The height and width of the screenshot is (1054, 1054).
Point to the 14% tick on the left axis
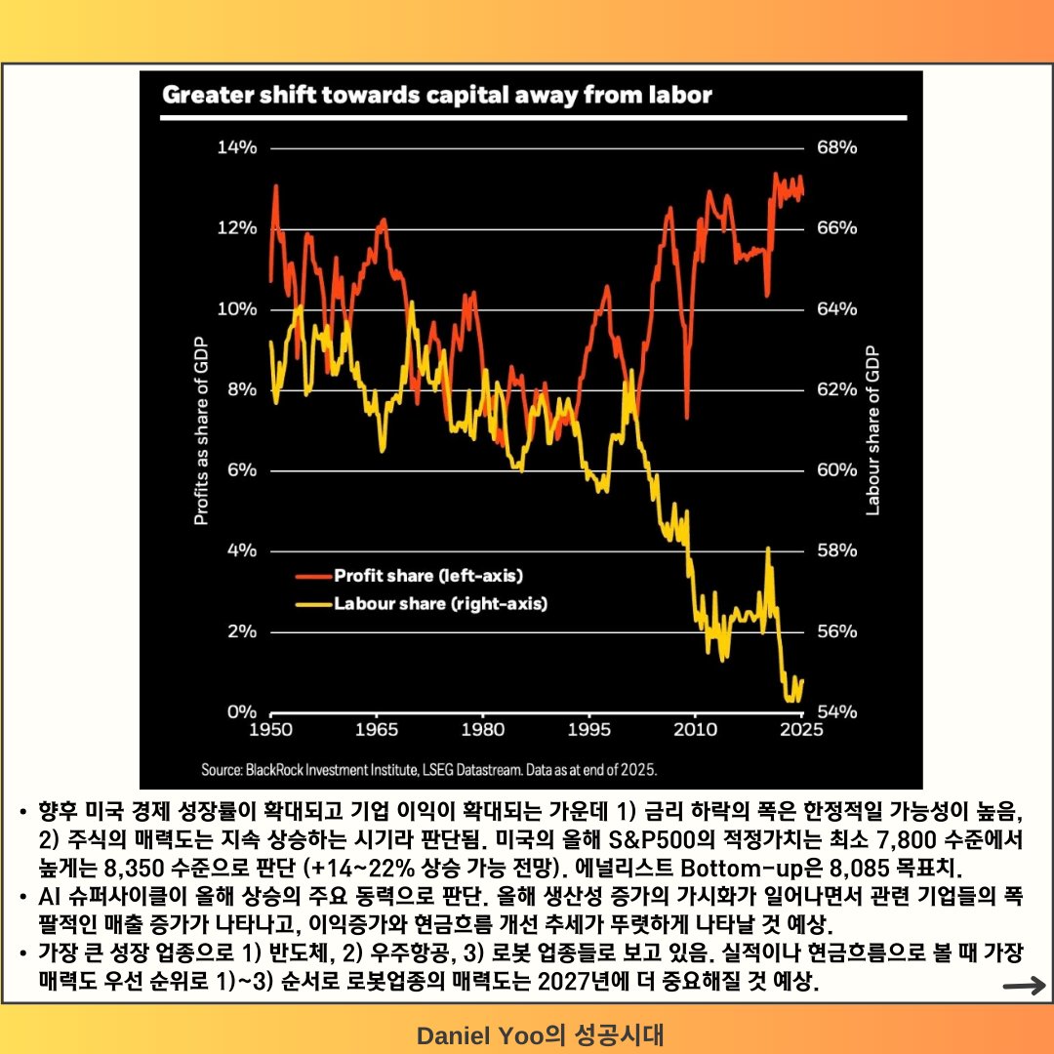[x=235, y=148]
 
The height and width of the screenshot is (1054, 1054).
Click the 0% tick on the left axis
[x=240, y=711]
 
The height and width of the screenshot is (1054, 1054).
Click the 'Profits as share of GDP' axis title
[x=201, y=430]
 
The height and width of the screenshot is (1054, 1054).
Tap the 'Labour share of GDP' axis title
[x=872, y=430]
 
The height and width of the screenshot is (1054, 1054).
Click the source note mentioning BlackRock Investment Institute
[x=428, y=769]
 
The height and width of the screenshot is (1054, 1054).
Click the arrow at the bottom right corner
[x=1024, y=987]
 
